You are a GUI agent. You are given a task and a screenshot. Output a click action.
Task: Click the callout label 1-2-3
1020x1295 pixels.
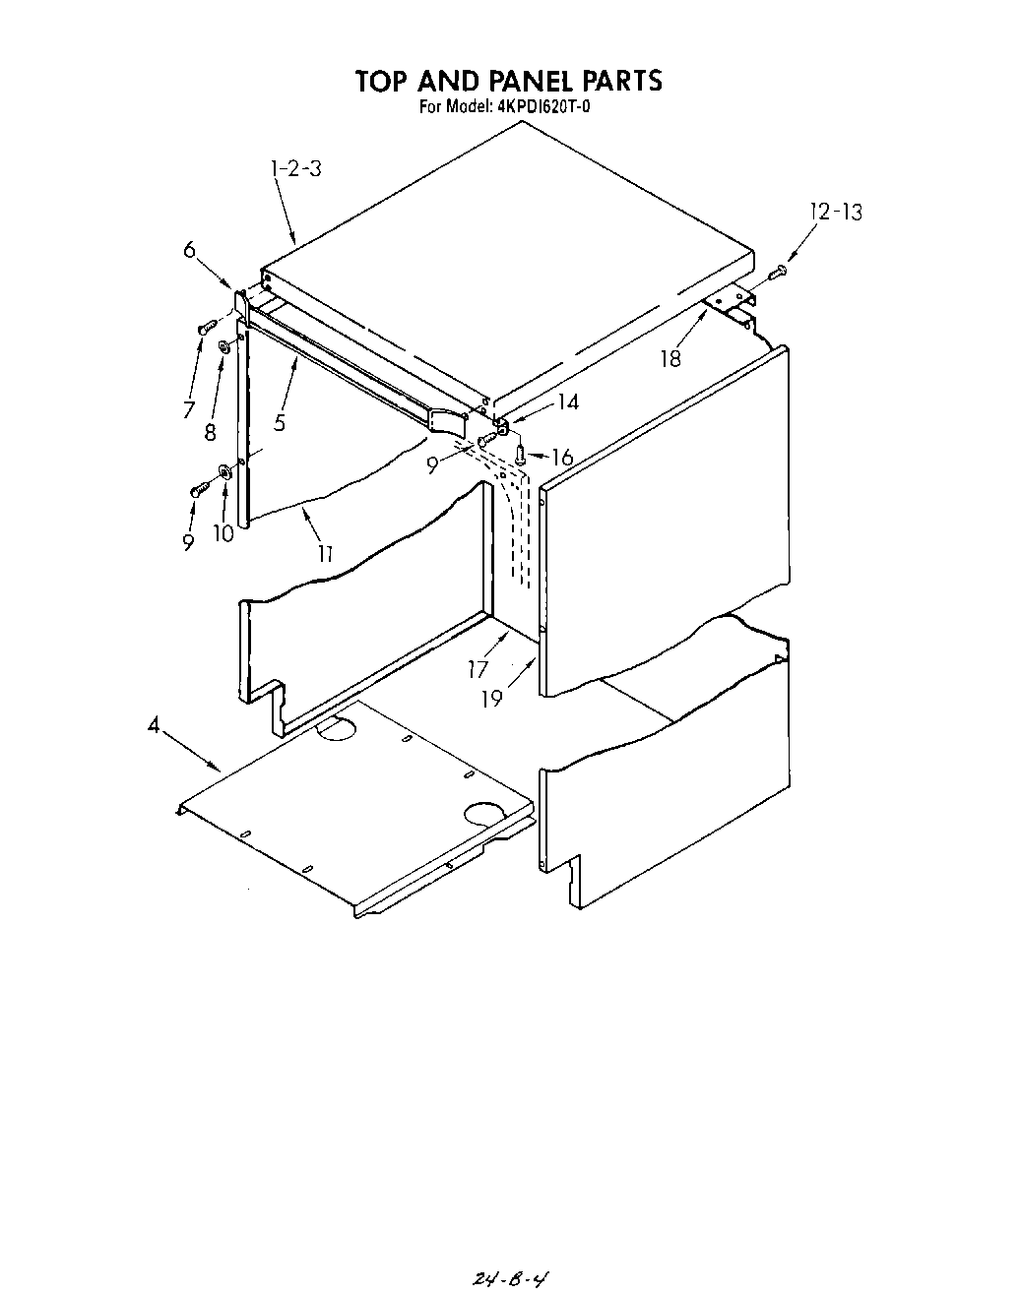point(295,168)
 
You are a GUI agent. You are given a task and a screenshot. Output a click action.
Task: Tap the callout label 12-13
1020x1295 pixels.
point(836,212)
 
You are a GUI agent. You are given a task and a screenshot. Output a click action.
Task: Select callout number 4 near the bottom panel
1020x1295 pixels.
point(154,726)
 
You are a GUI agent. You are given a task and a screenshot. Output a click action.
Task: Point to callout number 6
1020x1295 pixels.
point(189,250)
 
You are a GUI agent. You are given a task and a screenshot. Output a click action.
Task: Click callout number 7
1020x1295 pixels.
point(188,409)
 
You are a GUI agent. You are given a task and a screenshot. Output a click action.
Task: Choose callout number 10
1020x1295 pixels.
point(223,533)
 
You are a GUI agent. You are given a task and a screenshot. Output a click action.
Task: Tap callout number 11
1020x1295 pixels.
point(324,554)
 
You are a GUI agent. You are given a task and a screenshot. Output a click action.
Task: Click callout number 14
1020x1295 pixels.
point(567,401)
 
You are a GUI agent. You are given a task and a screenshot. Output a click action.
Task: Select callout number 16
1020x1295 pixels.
point(562,457)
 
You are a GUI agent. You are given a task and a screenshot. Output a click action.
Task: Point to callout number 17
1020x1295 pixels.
point(478,670)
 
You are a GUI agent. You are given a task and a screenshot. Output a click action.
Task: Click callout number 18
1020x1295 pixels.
point(670,359)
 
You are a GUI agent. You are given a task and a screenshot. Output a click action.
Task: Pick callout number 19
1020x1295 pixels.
point(492,699)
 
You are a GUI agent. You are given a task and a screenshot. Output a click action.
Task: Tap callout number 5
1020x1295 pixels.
point(281,423)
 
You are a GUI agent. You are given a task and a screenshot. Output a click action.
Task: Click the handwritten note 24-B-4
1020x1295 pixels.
point(510,1277)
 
